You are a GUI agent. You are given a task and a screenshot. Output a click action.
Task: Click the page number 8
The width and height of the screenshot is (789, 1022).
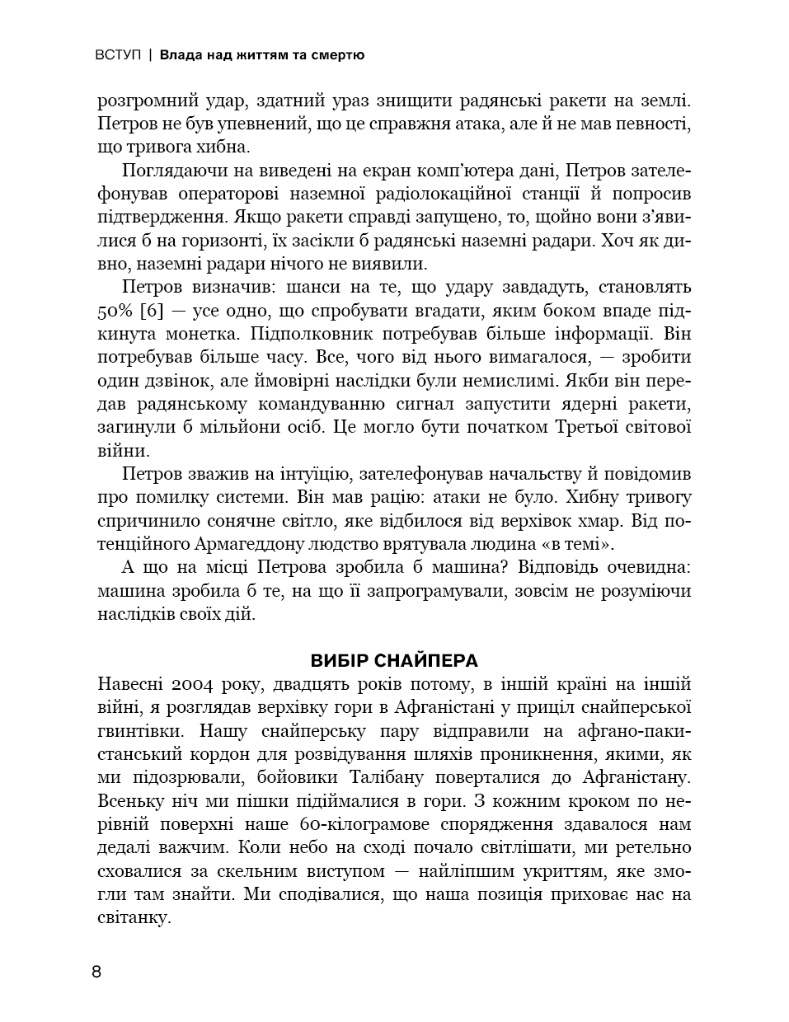(x=96, y=972)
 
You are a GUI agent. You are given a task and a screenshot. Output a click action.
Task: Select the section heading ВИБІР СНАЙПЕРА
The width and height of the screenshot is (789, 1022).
(x=394, y=661)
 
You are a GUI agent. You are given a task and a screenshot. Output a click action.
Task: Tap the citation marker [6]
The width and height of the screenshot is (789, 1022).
(x=153, y=312)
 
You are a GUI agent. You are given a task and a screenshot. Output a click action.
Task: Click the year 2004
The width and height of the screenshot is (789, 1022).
(x=196, y=684)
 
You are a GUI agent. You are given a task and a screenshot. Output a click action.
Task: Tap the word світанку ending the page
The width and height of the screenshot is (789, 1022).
(x=132, y=917)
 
